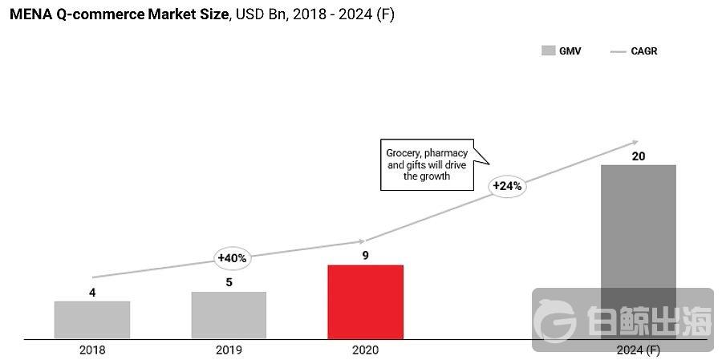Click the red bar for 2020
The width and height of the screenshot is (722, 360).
365,301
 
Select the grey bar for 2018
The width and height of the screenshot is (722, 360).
92,319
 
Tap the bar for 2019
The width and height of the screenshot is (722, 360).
229,314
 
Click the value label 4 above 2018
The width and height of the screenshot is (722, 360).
92,293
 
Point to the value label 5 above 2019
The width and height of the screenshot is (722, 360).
229,282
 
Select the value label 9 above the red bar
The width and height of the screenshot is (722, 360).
365,256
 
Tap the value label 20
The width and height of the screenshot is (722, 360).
639,156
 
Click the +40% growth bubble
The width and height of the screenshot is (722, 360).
233,258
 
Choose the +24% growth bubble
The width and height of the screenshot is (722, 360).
507,186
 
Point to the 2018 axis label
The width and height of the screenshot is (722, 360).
92,350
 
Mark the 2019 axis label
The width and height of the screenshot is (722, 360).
229,350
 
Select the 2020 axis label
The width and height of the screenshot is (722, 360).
365,350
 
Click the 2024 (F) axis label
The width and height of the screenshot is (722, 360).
638,350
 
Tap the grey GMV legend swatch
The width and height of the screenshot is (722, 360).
549,51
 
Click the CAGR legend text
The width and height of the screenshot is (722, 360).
644,51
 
